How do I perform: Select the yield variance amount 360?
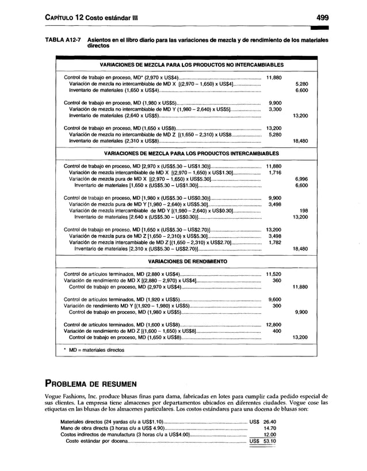click(276, 280)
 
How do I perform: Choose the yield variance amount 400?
click(276, 331)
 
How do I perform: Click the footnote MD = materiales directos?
click(95, 349)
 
